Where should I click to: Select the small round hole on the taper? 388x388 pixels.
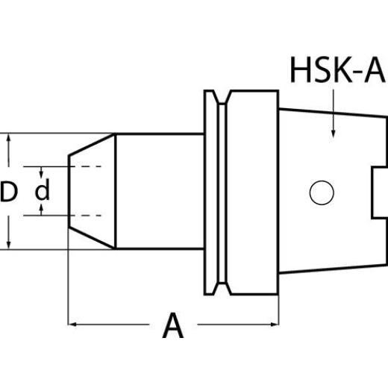[x=322, y=193]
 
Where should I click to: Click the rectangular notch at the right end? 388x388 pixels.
[x=379, y=192]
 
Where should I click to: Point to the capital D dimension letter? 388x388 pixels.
[x=9, y=193]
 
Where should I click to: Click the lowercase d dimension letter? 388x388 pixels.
[x=43, y=192]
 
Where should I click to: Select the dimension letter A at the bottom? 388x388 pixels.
[x=172, y=326]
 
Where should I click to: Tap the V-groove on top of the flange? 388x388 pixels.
[x=220, y=97]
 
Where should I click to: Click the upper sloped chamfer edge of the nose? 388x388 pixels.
[x=91, y=145]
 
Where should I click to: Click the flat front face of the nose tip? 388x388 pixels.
[x=69, y=192]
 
